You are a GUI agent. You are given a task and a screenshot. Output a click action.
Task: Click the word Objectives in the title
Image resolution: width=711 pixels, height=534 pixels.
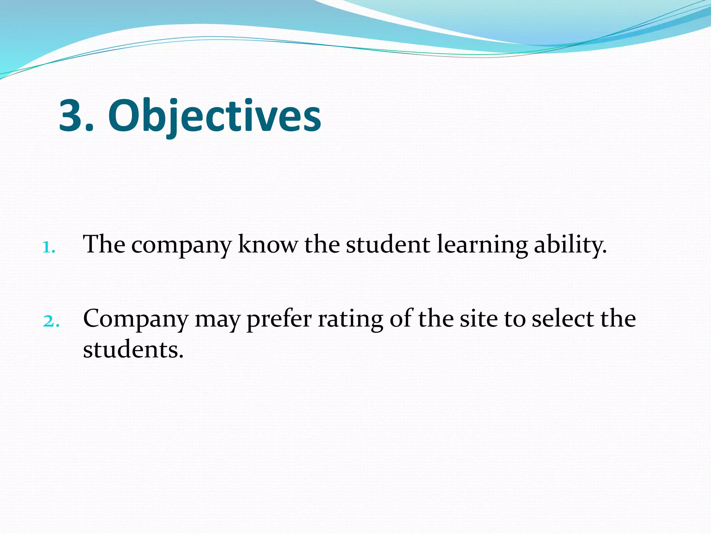(x=215, y=116)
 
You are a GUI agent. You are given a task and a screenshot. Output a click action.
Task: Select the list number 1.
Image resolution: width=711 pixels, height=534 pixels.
(x=49, y=248)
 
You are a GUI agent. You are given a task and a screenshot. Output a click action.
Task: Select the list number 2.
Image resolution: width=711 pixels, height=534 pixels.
(x=51, y=321)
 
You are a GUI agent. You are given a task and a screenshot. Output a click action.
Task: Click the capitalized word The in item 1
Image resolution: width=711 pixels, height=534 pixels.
(x=104, y=244)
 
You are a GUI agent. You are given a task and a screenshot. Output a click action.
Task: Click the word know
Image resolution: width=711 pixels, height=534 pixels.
(x=268, y=244)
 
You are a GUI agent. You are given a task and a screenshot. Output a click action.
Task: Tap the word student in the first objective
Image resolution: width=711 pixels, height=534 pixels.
(x=388, y=244)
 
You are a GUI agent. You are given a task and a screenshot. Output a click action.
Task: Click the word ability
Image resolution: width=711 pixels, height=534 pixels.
(x=570, y=245)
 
